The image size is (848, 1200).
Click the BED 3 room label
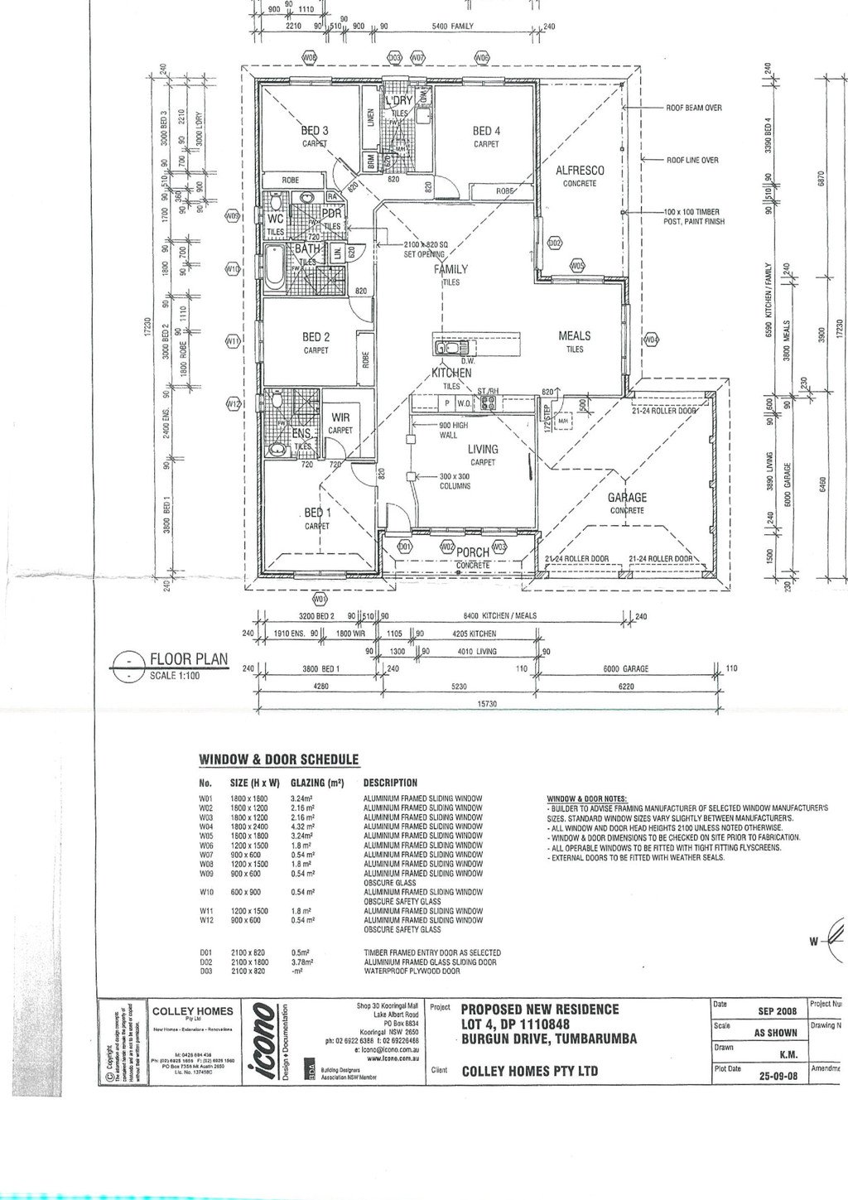(x=314, y=131)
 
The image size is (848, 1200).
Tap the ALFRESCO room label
(x=580, y=171)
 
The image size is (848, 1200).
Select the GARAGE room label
(x=627, y=498)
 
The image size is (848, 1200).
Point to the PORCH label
(x=473, y=552)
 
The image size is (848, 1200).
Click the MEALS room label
(x=575, y=335)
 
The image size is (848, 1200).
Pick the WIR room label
(x=340, y=418)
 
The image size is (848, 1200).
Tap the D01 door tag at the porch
(x=405, y=547)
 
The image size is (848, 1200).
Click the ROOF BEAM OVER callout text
(x=693, y=108)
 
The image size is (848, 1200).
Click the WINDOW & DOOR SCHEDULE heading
(x=278, y=759)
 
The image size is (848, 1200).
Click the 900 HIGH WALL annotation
(x=453, y=430)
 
